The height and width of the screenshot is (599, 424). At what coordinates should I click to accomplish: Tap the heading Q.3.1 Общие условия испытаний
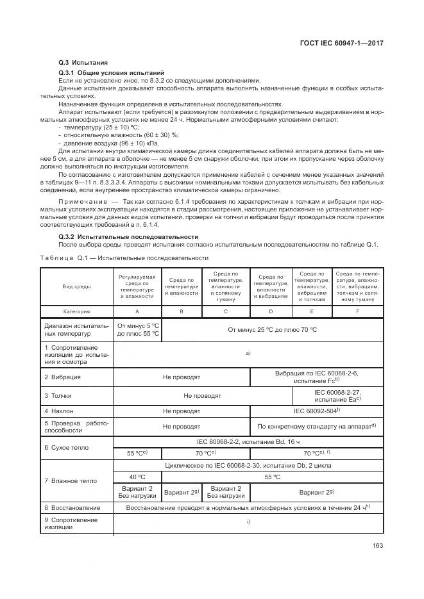[112, 73]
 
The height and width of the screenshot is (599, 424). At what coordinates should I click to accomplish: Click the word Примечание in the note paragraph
[83, 202]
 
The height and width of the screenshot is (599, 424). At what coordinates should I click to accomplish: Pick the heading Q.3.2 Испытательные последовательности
[128, 237]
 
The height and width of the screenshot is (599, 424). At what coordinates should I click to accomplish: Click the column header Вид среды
[76, 286]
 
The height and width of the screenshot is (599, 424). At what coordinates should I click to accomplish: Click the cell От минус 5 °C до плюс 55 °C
[138, 329]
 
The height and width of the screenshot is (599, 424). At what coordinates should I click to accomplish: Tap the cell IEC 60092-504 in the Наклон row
[316, 411]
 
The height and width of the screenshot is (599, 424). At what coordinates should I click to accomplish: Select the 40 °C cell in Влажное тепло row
[137, 477]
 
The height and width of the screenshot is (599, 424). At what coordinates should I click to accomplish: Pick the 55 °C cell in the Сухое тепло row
[137, 452]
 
